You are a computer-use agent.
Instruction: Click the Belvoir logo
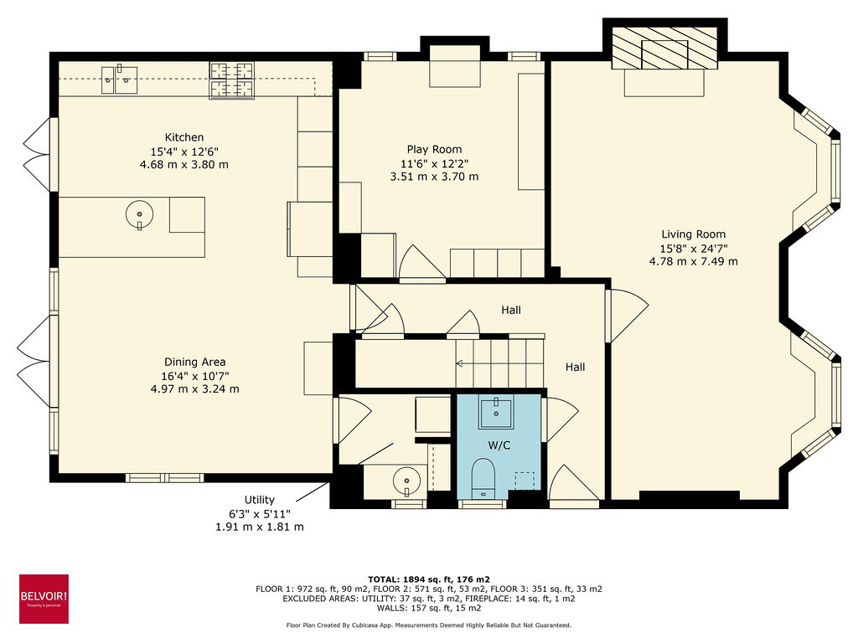click(x=44, y=599)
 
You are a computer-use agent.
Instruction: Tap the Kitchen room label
click(x=184, y=137)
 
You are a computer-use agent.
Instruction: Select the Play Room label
click(x=434, y=149)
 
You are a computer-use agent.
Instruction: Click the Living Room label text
click(x=693, y=234)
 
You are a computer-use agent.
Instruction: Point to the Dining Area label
click(x=194, y=362)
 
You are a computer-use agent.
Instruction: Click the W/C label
click(x=499, y=445)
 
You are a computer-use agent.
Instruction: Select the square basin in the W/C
click(x=498, y=411)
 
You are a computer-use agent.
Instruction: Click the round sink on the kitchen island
click(x=139, y=215)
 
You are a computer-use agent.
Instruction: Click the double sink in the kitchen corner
click(x=121, y=80)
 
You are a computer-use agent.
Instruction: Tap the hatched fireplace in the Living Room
click(x=664, y=49)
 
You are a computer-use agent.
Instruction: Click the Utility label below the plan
click(x=260, y=500)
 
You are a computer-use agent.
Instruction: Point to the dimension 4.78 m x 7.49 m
click(x=693, y=261)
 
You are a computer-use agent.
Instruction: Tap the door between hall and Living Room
click(x=623, y=315)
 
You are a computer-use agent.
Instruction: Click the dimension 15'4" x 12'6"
click(x=184, y=151)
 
